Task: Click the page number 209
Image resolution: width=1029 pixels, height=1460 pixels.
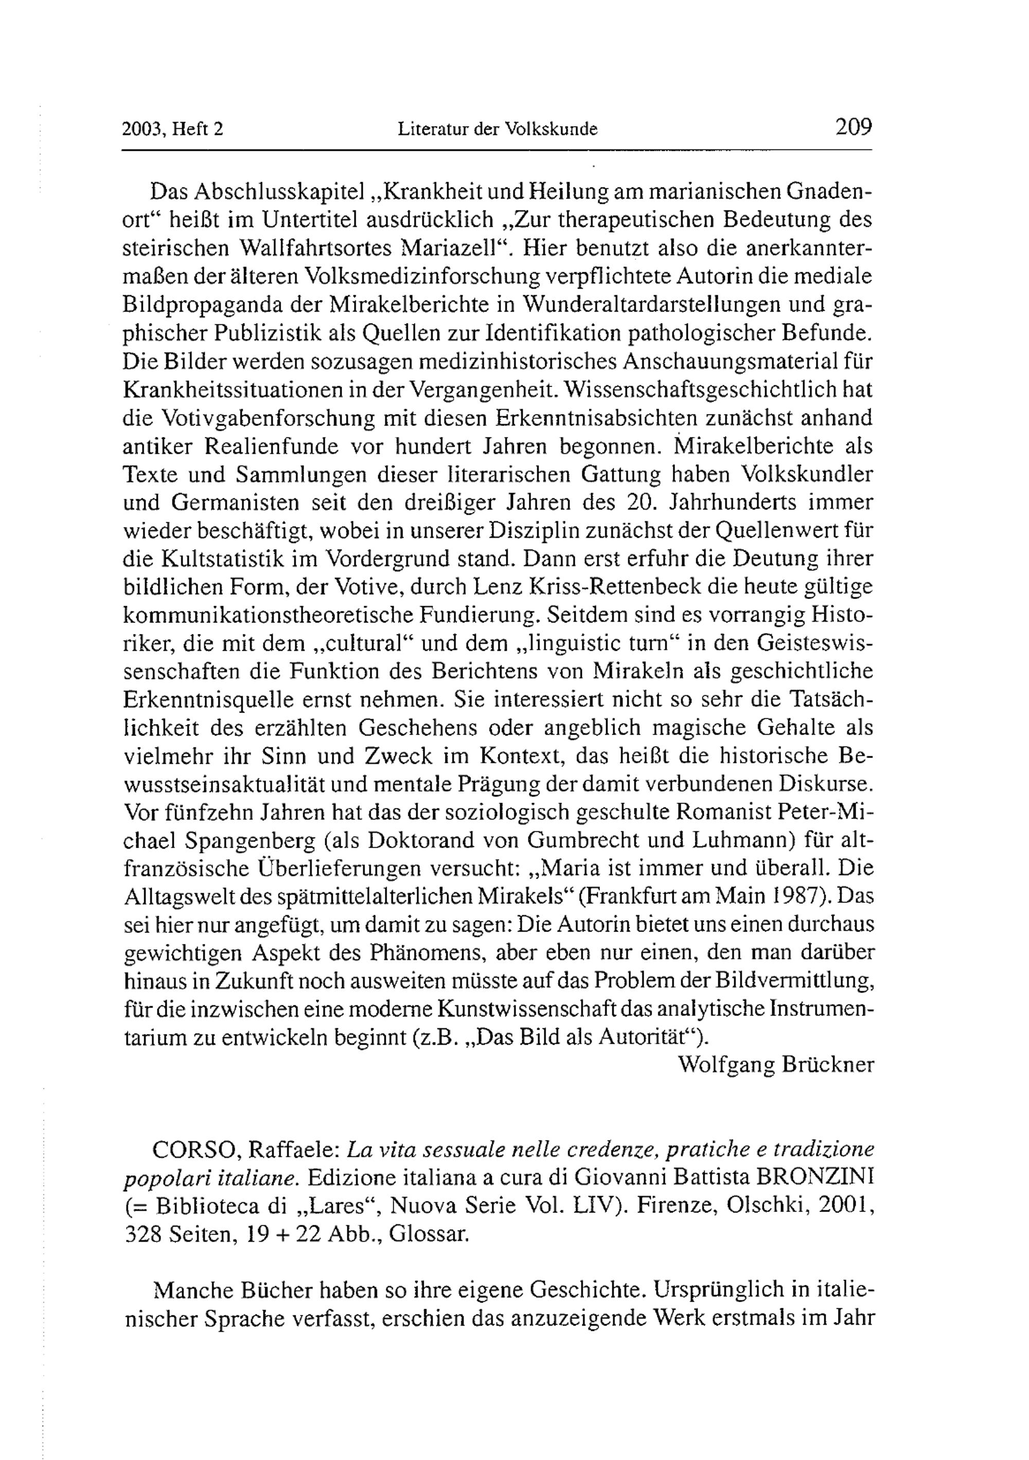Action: click(x=854, y=127)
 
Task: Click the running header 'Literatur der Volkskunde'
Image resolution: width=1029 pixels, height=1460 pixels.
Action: click(x=498, y=130)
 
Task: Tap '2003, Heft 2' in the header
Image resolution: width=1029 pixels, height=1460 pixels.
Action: click(x=173, y=130)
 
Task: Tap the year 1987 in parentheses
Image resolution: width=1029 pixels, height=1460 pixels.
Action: click(x=810, y=896)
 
